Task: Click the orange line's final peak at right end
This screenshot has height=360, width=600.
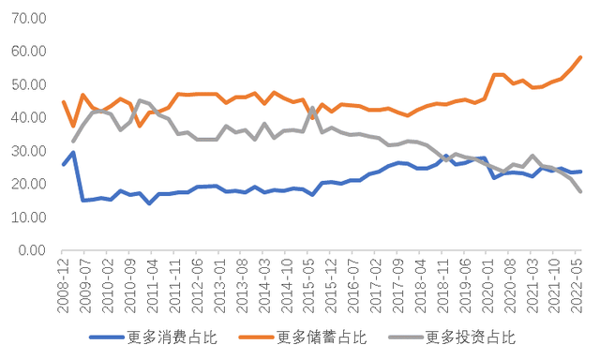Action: click(580, 57)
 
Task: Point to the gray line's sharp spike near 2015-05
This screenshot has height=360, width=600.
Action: click(312, 108)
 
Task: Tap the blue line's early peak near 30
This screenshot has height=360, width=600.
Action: click(73, 153)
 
